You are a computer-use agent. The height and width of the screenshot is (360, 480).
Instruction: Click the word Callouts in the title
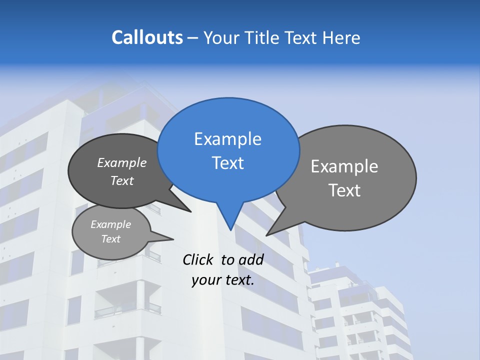(x=147, y=37)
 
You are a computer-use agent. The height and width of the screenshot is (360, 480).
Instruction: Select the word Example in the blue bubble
(x=227, y=139)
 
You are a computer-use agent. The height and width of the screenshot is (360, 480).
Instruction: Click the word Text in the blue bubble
(x=228, y=163)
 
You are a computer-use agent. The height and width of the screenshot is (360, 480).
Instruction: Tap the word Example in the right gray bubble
(x=344, y=166)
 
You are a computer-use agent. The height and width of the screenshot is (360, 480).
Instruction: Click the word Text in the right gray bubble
(x=344, y=190)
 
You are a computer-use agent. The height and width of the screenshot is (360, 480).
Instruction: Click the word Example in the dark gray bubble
(x=122, y=162)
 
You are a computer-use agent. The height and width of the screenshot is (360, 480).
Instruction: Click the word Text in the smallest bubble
(x=111, y=239)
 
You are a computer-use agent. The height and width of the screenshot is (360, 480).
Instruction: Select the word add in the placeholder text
(x=250, y=259)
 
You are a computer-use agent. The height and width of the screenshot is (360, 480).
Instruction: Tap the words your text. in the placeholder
(x=223, y=280)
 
